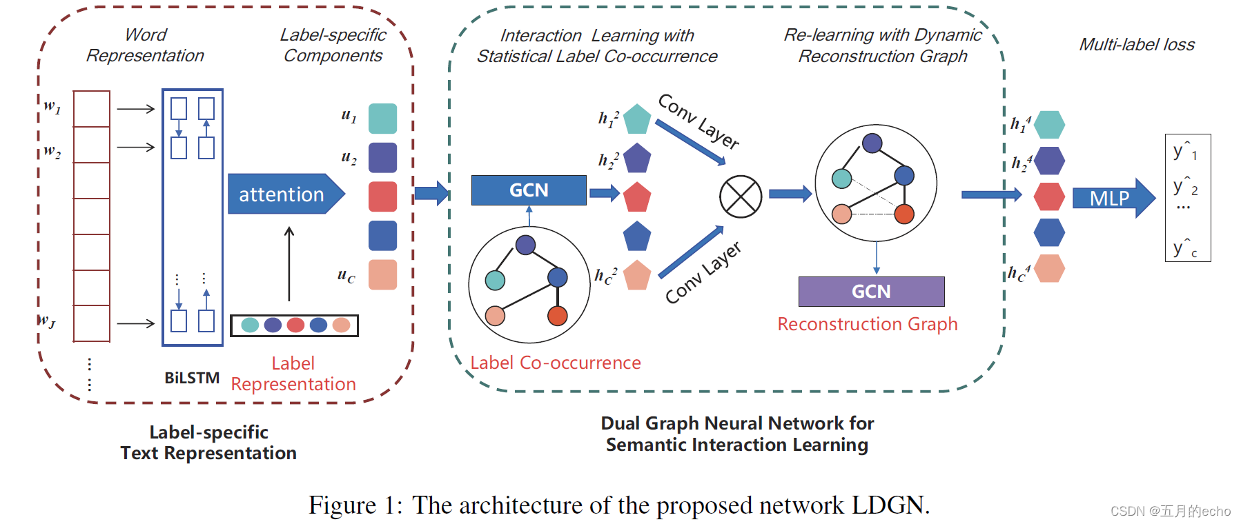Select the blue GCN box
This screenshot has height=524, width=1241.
coord(529,190)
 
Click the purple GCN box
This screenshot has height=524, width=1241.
coord(871,291)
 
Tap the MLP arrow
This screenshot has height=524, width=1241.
coord(1112,198)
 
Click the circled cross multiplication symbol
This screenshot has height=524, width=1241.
coord(741,196)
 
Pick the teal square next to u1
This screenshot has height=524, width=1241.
coord(382,118)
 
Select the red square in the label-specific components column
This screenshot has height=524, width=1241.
coord(382,196)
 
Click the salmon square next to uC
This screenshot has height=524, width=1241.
coord(382,274)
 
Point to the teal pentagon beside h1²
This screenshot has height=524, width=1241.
coord(636,119)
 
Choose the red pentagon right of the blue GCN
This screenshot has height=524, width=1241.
coord(637,197)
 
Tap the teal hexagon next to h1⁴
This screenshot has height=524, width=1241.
coord(1049,125)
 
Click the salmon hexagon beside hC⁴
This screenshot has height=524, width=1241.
coord(1049,268)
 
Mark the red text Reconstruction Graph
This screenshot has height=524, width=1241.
coord(867,324)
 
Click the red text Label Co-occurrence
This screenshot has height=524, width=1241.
coord(556,363)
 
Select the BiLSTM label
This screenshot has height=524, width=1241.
coord(192,378)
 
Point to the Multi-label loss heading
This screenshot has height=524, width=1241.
coord(1136,45)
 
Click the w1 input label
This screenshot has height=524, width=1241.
coord(52,106)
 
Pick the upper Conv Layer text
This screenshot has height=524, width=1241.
coord(698,121)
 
